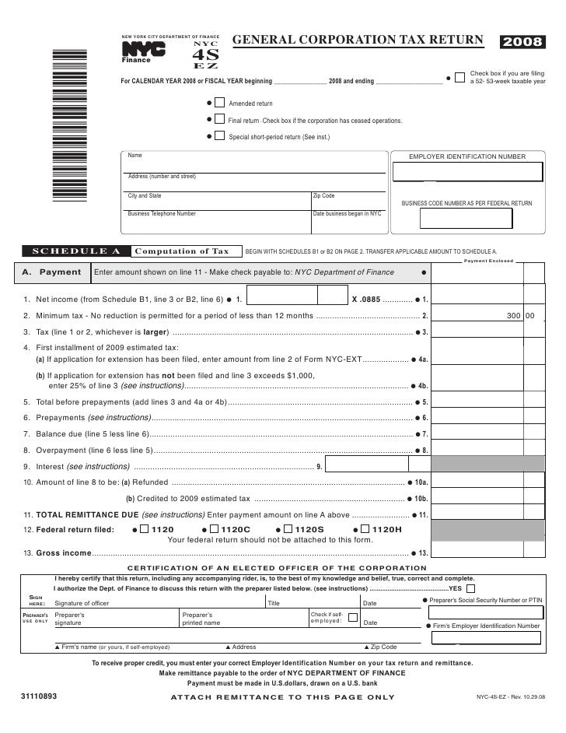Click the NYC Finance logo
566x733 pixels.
(143, 51)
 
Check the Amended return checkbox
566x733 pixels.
(220, 103)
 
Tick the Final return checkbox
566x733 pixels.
(220, 121)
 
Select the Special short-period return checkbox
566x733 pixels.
(220, 137)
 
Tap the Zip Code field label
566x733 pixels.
(323, 196)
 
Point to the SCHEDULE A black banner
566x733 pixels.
(75, 251)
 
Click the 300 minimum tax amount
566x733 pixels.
(513, 317)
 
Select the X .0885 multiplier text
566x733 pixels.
(365, 299)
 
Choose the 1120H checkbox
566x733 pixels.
(365, 529)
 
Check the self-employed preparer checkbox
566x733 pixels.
(353, 617)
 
